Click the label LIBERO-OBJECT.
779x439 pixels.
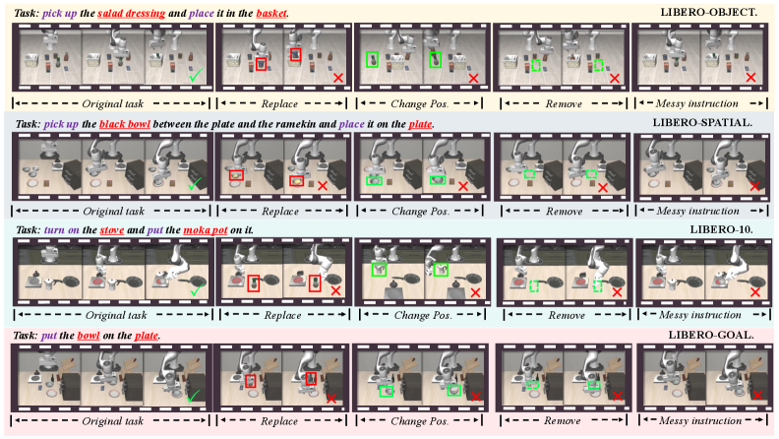tap(708, 13)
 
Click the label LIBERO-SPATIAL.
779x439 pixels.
tap(702, 123)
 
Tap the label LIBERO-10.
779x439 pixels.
tap(721, 229)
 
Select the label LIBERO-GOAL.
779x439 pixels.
tap(711, 335)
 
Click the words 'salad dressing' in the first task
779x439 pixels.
tap(131, 14)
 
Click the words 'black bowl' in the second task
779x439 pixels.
tap(125, 124)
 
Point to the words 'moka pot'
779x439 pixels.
tap(206, 230)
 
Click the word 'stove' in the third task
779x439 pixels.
tap(112, 230)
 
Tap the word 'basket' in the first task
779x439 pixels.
tap(271, 14)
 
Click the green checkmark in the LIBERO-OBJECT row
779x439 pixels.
tap(197, 76)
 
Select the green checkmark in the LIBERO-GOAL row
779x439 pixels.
tap(193, 397)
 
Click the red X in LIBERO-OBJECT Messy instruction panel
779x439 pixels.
tap(750, 77)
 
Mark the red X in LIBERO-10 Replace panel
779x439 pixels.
tap(335, 290)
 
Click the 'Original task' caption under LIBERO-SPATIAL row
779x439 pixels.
tap(113, 212)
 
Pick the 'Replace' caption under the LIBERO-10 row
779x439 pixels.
tap(282, 316)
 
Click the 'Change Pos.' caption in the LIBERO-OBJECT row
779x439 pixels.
tap(419, 104)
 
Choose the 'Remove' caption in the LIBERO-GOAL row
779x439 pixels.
tap(562, 421)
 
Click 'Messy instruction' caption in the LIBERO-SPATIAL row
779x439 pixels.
tap(697, 212)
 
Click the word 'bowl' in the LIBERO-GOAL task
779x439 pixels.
tap(89, 336)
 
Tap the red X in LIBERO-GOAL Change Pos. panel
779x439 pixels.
tap(476, 397)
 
